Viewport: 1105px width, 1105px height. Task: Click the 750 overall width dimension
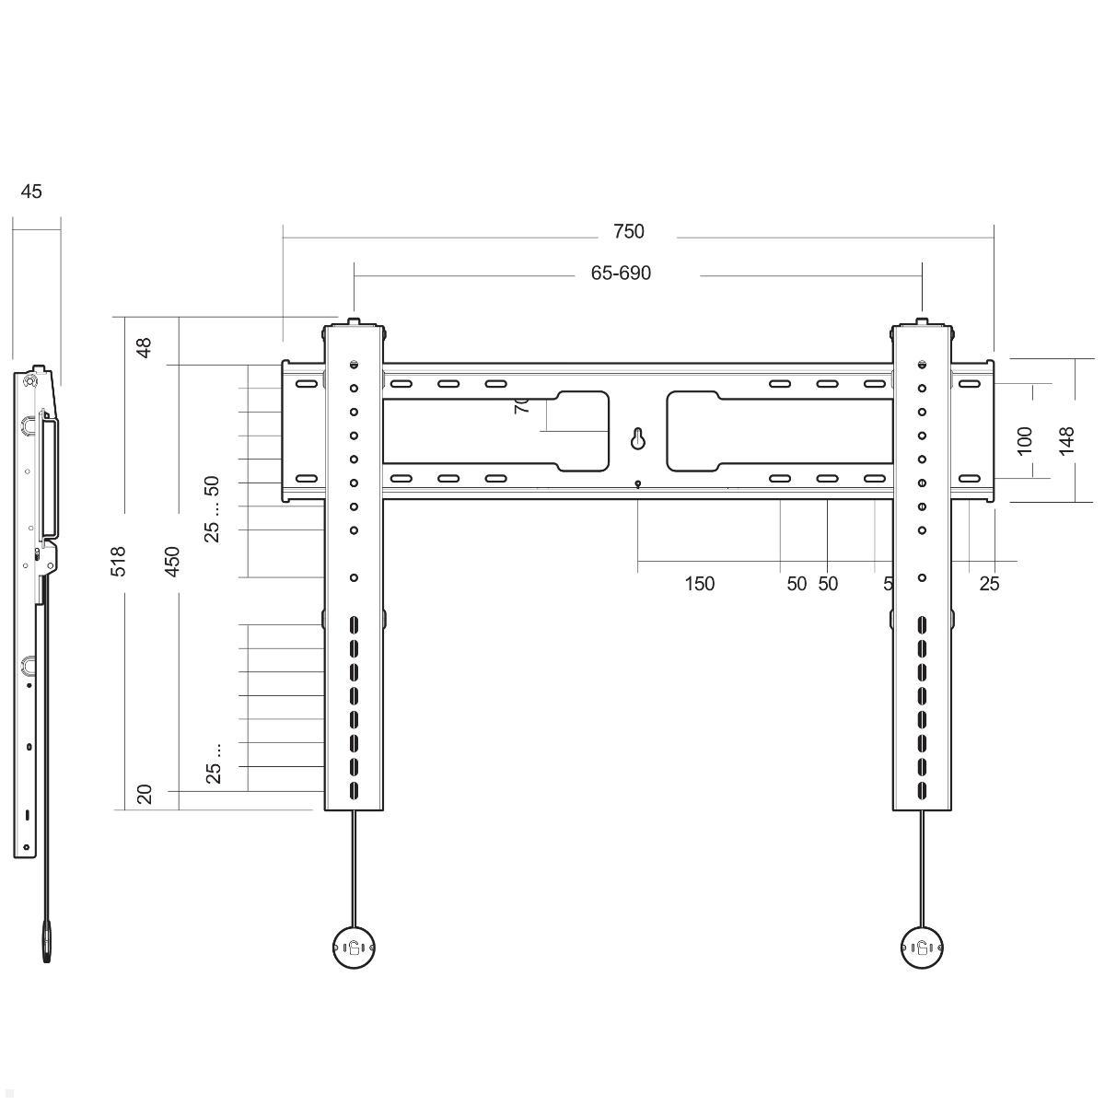pyautogui.click(x=628, y=232)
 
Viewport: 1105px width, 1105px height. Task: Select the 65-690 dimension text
pyautogui.click(x=621, y=273)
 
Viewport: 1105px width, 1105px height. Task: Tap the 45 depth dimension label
pyautogui.click(x=31, y=192)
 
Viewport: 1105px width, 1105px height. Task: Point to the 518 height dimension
pyautogui.click(x=118, y=562)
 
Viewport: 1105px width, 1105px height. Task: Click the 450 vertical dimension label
pyautogui.click(x=172, y=562)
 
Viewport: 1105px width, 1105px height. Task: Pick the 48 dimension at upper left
pyautogui.click(x=145, y=348)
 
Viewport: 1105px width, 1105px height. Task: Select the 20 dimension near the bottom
pyautogui.click(x=145, y=794)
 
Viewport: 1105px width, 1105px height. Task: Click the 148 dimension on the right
pyautogui.click(x=1067, y=441)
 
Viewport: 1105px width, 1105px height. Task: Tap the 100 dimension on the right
pyautogui.click(x=1025, y=439)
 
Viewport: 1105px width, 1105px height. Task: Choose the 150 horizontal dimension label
pyautogui.click(x=700, y=584)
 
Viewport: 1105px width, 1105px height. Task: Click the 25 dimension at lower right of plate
pyautogui.click(x=989, y=584)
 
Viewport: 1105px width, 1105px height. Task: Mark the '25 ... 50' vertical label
pyautogui.click(x=213, y=508)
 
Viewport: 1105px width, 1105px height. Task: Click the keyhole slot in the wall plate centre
pyautogui.click(x=637, y=439)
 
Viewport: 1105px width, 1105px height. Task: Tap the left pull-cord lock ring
pyautogui.click(x=354, y=946)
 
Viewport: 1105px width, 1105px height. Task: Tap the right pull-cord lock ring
pyautogui.click(x=922, y=946)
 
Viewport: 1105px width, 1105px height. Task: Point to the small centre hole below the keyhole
pyautogui.click(x=638, y=483)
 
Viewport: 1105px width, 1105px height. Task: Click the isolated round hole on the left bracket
pyautogui.click(x=354, y=577)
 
